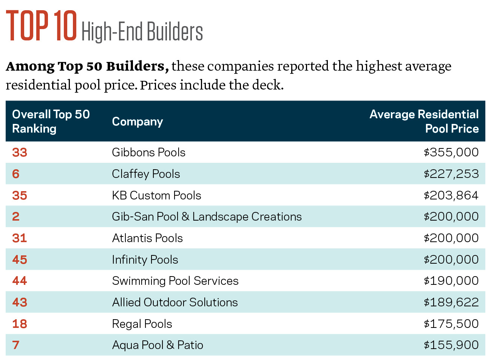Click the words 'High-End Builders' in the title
(x=142, y=31)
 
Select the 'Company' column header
(x=137, y=122)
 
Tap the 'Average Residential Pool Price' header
(x=424, y=121)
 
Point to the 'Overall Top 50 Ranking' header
(x=51, y=121)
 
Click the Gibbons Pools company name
(x=148, y=152)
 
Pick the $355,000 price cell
(x=451, y=152)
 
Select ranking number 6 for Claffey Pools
(x=16, y=174)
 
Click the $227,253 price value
(x=451, y=174)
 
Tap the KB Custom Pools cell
(x=156, y=195)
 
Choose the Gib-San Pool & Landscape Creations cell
(x=207, y=216)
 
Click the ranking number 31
(x=20, y=238)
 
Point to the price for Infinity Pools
(x=451, y=260)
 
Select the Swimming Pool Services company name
(x=175, y=281)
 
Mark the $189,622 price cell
(x=451, y=302)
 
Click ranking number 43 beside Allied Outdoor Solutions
(x=20, y=302)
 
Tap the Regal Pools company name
(x=142, y=324)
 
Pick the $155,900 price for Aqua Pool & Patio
(x=451, y=345)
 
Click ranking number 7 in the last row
(x=16, y=345)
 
